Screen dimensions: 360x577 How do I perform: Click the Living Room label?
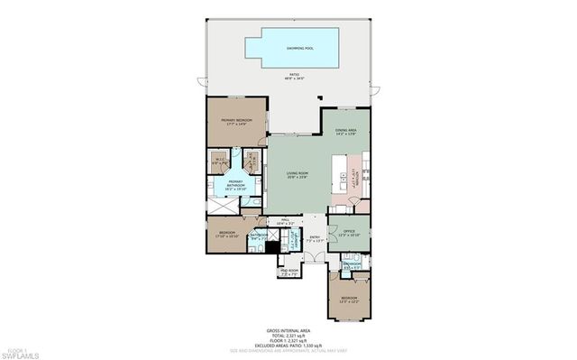298,175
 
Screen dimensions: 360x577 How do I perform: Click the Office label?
348,232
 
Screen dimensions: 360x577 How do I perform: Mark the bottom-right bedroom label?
348,299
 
